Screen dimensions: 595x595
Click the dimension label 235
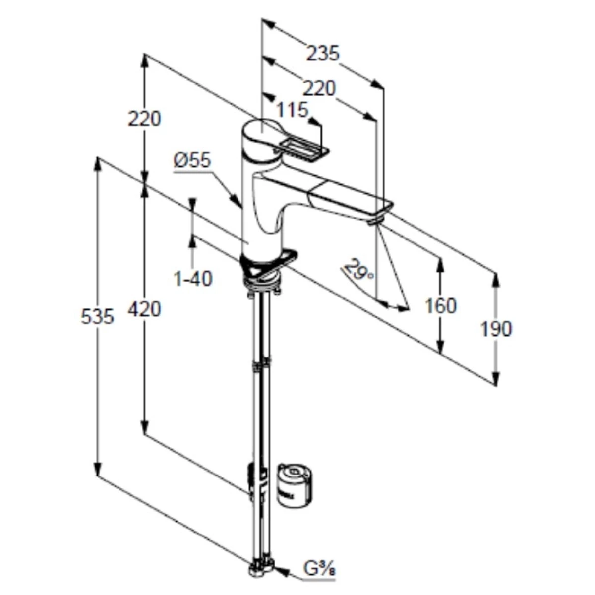point(323,53)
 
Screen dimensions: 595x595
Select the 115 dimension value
point(292,109)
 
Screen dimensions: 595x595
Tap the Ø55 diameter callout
point(192,160)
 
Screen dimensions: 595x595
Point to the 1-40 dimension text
point(193,279)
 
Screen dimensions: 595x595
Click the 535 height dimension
point(97,317)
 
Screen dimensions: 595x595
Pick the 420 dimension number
point(145,309)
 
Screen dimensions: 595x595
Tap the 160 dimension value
point(441,306)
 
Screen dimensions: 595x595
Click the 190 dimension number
point(496,329)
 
